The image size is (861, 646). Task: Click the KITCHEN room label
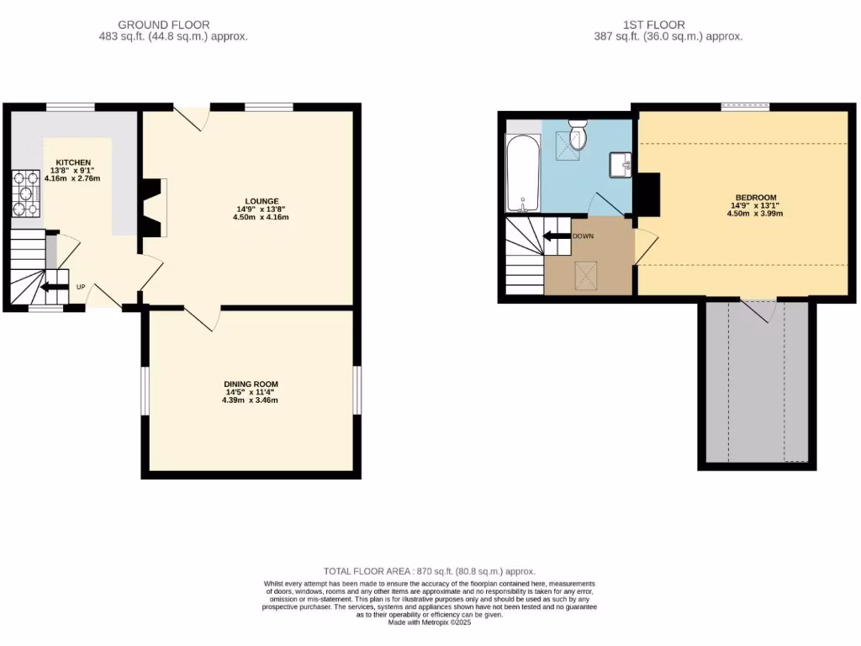click(73, 162)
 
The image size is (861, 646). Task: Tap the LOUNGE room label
click(262, 201)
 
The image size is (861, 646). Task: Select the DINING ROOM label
click(250, 384)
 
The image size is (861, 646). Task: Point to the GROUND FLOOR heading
click(164, 25)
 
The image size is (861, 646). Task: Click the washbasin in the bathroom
click(623, 163)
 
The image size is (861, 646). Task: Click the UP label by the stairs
click(81, 287)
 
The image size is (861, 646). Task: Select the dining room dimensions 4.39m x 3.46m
click(250, 400)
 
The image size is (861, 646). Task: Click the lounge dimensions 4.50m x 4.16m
click(261, 217)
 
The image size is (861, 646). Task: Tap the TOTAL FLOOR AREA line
click(429, 571)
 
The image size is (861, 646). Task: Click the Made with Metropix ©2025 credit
click(430, 622)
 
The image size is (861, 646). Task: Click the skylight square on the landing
click(586, 274)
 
